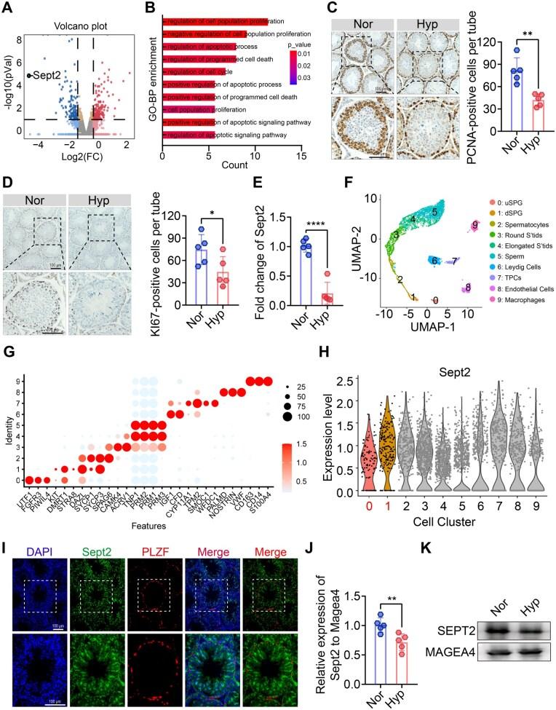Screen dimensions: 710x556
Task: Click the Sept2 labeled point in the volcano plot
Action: (x=30, y=74)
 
